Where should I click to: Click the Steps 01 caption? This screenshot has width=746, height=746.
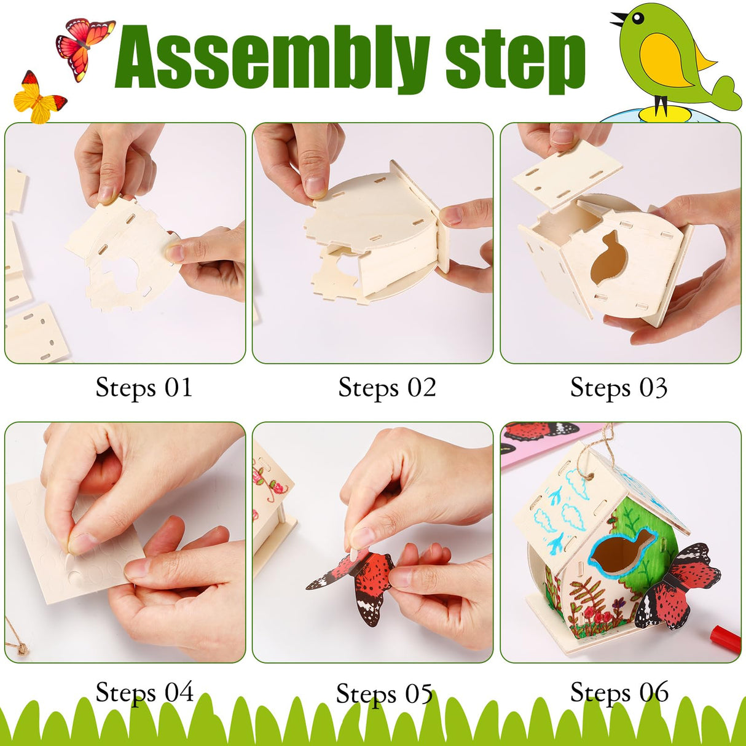pos(144,388)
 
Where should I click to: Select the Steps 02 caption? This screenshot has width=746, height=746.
pos(387,388)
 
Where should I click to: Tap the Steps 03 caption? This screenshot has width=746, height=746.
pos(618,388)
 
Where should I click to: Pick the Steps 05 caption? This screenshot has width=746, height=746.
pos(384,694)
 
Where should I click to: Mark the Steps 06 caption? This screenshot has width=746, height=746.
pos(619,693)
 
